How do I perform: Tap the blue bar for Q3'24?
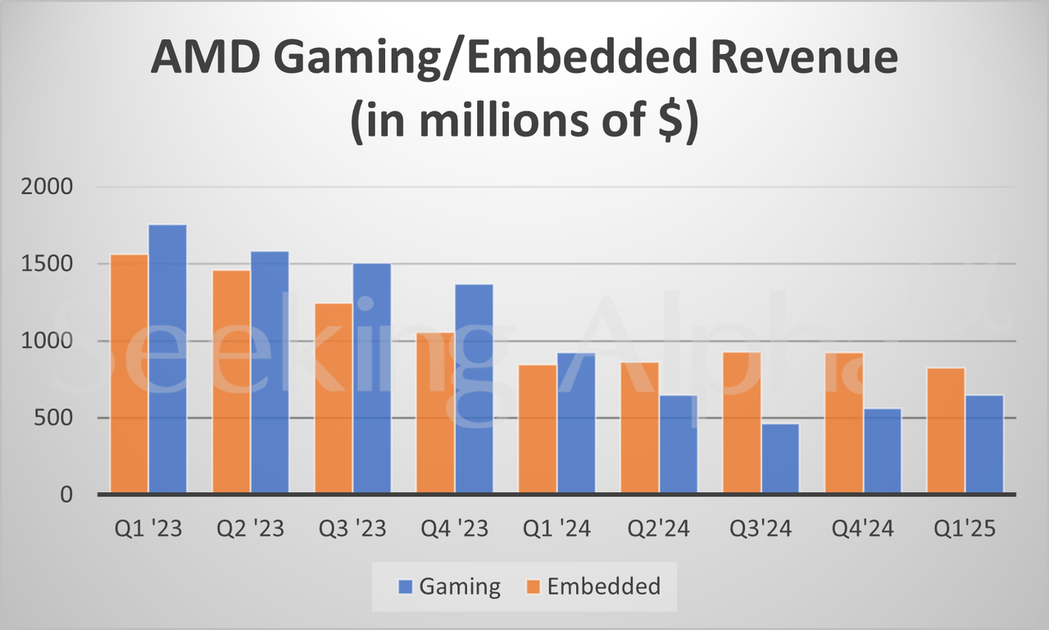pyautogui.click(x=779, y=458)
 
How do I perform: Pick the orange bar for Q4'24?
pyautogui.click(x=843, y=423)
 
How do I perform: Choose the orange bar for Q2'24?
pyautogui.click(x=639, y=428)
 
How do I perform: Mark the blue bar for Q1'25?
pyautogui.click(x=983, y=444)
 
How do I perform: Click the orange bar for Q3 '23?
pyautogui.click(x=333, y=398)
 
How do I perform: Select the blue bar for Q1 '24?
pyautogui.click(x=575, y=423)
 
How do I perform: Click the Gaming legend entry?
pyautogui.click(x=448, y=587)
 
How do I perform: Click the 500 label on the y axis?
pyautogui.click(x=61, y=418)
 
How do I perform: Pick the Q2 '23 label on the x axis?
pyautogui.click(x=251, y=529)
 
